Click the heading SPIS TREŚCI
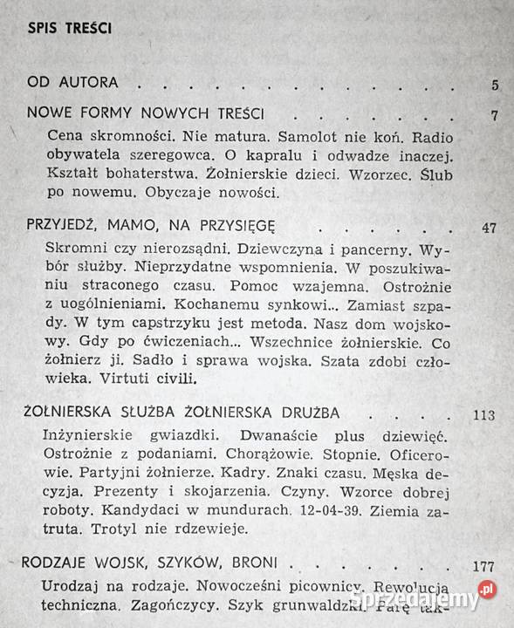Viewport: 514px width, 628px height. pos(69,28)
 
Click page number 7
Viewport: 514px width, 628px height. pos(495,115)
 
